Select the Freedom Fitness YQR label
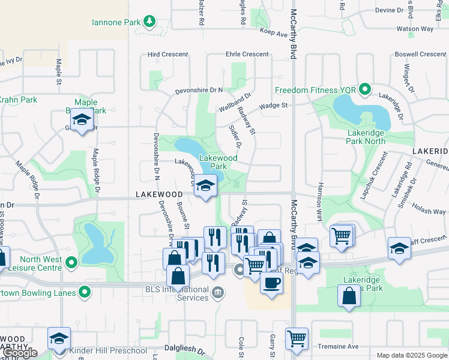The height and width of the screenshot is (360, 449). (x=315, y=91)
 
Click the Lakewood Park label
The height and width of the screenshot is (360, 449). (x=218, y=162)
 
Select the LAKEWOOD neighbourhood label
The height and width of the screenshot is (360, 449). (x=159, y=194)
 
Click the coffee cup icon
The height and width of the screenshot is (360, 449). (x=271, y=283)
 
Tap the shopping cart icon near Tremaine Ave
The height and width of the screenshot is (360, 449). (x=297, y=338)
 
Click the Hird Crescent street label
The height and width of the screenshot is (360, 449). (x=168, y=55)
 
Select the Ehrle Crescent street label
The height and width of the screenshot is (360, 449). (x=247, y=55)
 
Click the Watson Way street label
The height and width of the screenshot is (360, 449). (x=415, y=28)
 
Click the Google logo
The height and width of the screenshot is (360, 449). (x=20, y=353)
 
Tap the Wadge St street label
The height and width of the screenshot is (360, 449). (x=274, y=106)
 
